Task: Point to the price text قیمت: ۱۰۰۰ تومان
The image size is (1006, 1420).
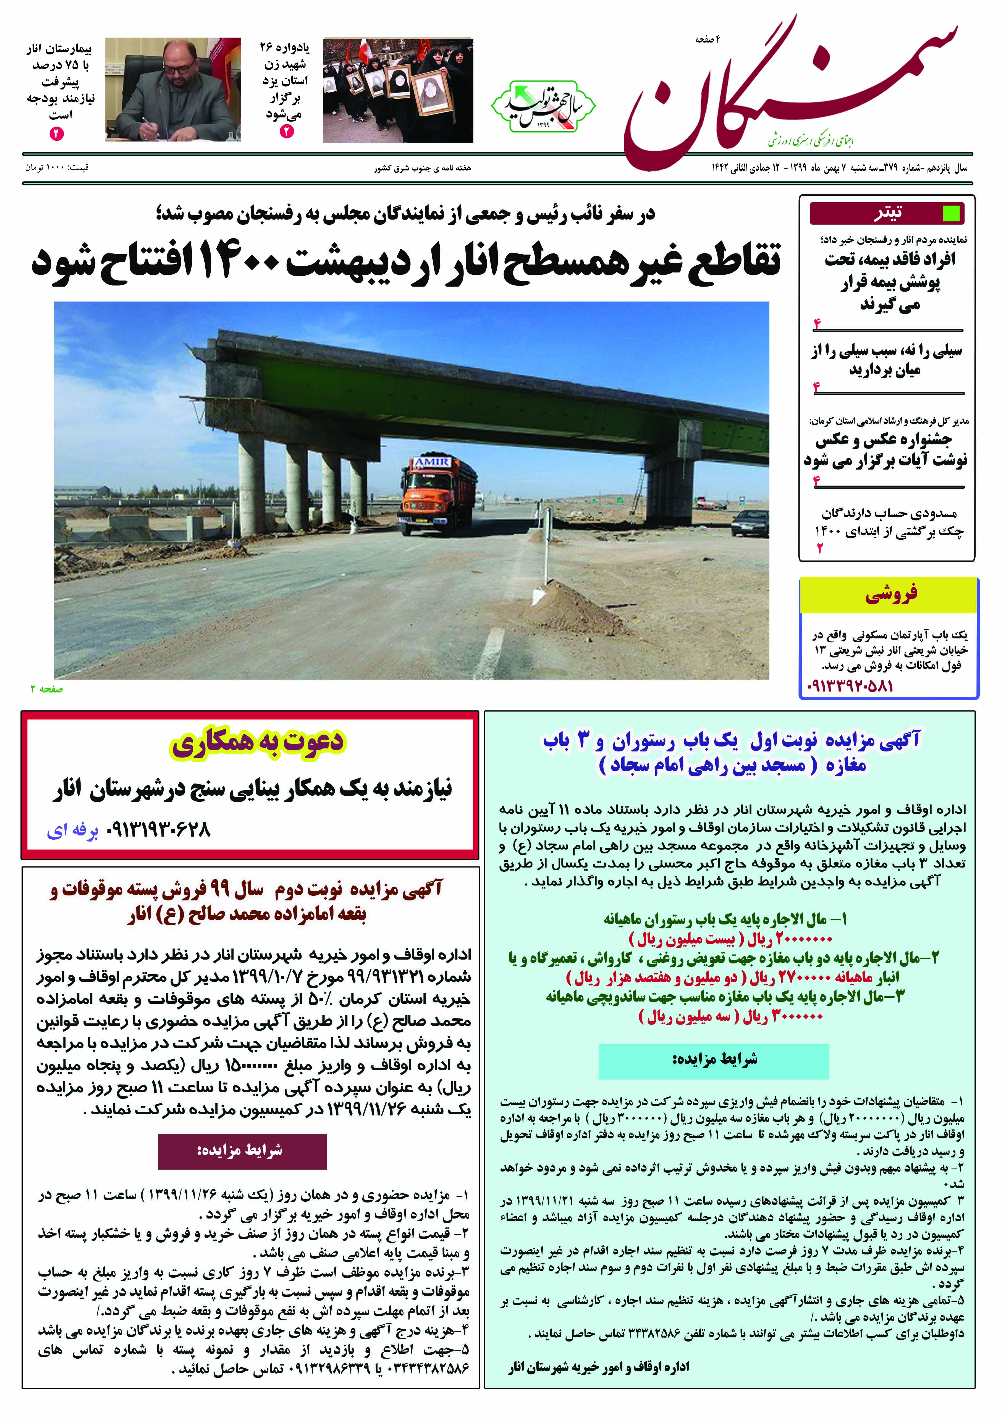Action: [57, 167]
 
